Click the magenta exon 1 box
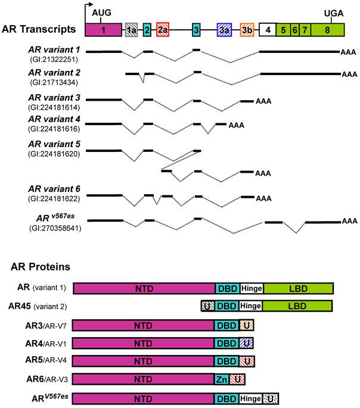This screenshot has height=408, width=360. (x=103, y=29)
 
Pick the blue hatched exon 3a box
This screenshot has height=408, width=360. (x=224, y=29)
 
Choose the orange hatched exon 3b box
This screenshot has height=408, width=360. (x=247, y=29)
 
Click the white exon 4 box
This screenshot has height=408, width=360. (x=268, y=29)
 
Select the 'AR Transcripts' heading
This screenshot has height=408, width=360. (x=39, y=29)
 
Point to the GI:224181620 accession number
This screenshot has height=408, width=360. (x=54, y=154)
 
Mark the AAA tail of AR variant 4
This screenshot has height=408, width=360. (x=237, y=125)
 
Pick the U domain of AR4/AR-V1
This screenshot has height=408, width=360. (x=246, y=342)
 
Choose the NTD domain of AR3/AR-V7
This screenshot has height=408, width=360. (x=143, y=325)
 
